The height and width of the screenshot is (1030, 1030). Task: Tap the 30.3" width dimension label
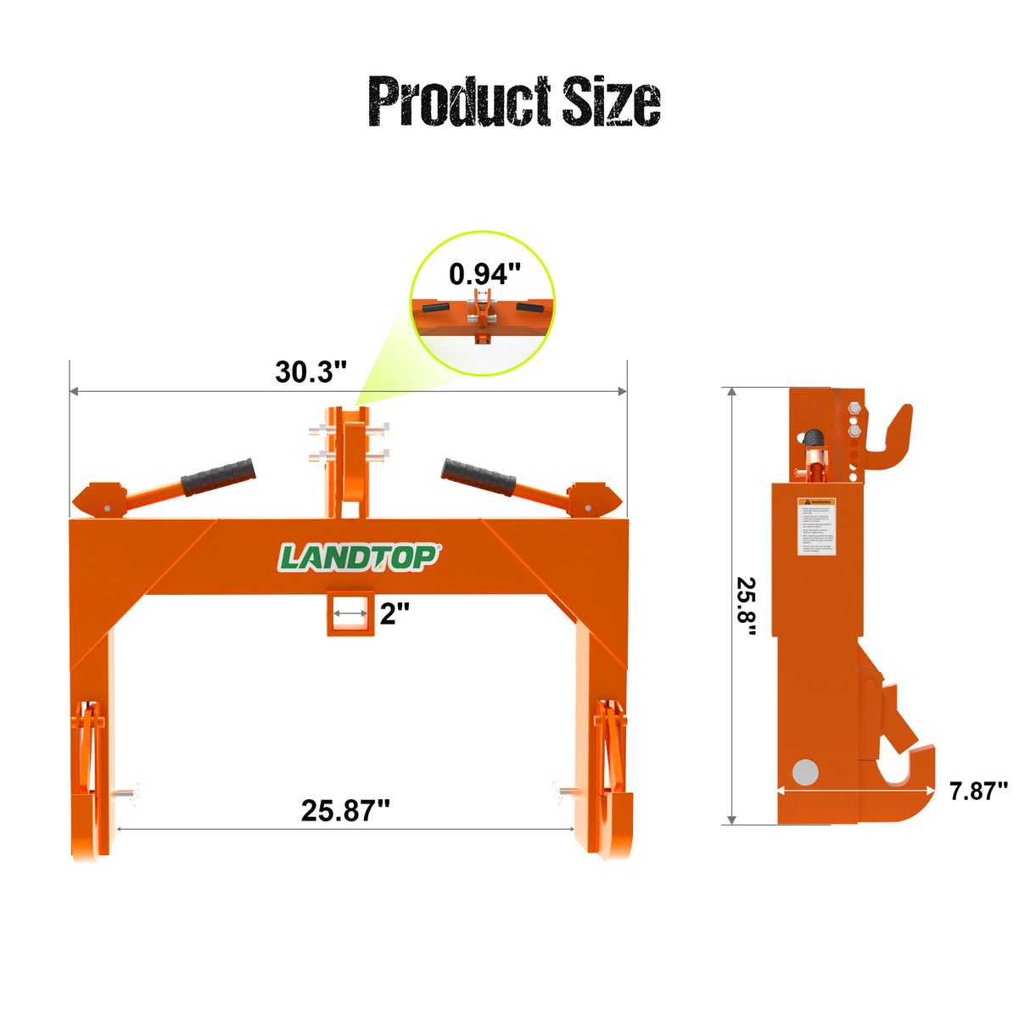coord(311,372)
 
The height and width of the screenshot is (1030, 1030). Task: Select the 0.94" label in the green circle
coord(484,274)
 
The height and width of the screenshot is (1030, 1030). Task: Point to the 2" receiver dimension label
coord(395,613)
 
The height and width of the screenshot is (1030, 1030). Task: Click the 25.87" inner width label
coord(345,810)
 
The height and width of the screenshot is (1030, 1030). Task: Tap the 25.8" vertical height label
coord(747,607)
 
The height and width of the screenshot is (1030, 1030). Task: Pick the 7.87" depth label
coord(977,791)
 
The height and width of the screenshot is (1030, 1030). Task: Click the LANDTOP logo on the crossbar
coord(359,557)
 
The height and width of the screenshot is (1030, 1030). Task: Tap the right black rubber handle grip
coord(479,477)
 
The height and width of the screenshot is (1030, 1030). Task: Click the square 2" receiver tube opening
coord(350,613)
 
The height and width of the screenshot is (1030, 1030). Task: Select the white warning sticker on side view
coord(816,526)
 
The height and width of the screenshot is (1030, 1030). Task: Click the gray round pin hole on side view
coord(804,772)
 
